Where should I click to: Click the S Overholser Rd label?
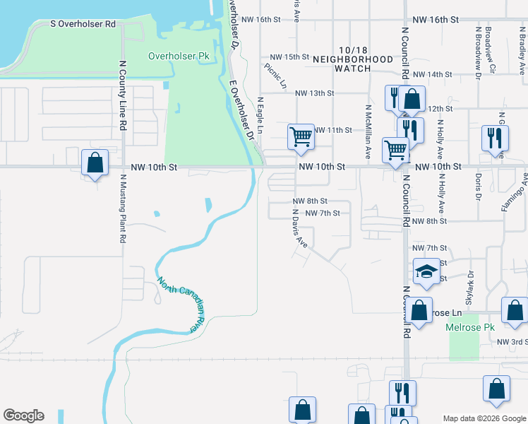coord(83,24)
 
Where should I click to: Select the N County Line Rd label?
coord(122,93)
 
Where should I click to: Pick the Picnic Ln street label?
coord(276,76)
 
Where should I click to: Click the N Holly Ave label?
coord(439,138)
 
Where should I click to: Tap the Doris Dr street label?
coord(479,187)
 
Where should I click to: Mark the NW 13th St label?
coord(314,93)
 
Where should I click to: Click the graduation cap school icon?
coord(426,271)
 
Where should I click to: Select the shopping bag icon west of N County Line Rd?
coord(95,162)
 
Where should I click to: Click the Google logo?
coord(23,416)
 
